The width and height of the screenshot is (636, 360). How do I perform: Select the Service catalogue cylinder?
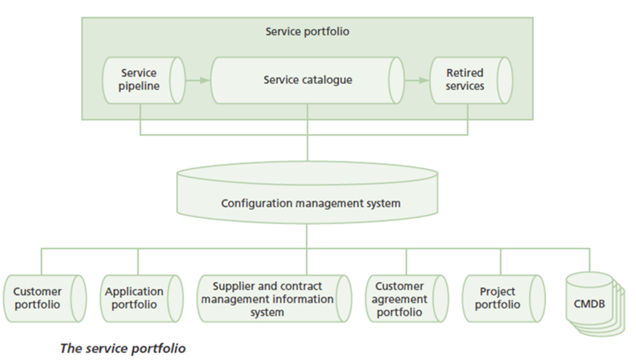pyautogui.click(x=307, y=80)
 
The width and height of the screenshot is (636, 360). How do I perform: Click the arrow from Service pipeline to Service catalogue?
pyautogui.click(x=198, y=80)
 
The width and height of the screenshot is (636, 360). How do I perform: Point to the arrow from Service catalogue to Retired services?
pyautogui.click(x=417, y=80)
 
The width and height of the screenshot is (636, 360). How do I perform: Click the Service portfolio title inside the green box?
pyautogui.click(x=307, y=31)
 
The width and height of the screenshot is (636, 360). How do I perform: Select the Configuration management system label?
pyautogui.click(x=310, y=204)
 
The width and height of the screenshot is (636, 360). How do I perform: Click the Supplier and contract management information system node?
pyautogui.click(x=273, y=298)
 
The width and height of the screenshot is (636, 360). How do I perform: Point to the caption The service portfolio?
pyautogui.click(x=123, y=348)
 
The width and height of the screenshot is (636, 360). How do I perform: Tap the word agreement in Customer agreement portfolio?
pyautogui.click(x=401, y=299)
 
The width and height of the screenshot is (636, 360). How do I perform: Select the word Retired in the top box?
pyautogui.click(x=464, y=73)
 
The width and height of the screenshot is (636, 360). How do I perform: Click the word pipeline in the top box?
pyautogui.click(x=139, y=87)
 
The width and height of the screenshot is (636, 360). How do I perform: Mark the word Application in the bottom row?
pyautogui.click(x=134, y=292)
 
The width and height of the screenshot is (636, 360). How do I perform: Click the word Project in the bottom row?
pyautogui.click(x=497, y=292)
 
